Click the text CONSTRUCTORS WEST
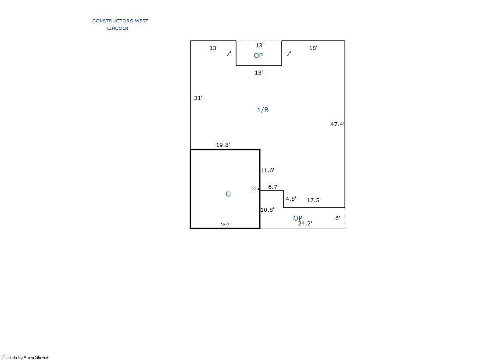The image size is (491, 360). pyautogui.click(x=120, y=21)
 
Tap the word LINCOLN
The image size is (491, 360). pyautogui.click(x=118, y=29)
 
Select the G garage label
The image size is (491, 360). pyautogui.click(x=228, y=194)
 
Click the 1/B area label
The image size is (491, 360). pyautogui.click(x=263, y=110)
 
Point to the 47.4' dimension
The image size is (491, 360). pyautogui.click(x=337, y=125)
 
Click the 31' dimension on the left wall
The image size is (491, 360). pyautogui.click(x=198, y=98)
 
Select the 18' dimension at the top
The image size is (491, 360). pyautogui.click(x=313, y=48)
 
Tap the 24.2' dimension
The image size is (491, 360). pyautogui.click(x=305, y=223)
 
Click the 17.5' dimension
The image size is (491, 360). pyautogui.click(x=314, y=200)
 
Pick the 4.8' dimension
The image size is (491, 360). pyautogui.click(x=291, y=199)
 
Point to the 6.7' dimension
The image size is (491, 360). pyautogui.click(x=273, y=187)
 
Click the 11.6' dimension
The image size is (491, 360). pyautogui.click(x=267, y=170)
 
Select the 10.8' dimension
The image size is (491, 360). pyautogui.click(x=267, y=210)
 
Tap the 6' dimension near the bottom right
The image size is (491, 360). pyautogui.click(x=337, y=218)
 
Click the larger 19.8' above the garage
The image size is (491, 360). pyautogui.click(x=223, y=145)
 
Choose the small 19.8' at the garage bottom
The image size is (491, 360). pyautogui.click(x=225, y=224)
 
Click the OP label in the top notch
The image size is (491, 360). pyautogui.click(x=258, y=56)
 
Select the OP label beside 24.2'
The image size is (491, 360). pyautogui.click(x=297, y=218)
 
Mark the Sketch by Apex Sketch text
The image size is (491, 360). pyautogui.click(x=26, y=357)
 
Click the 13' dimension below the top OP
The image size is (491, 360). pyautogui.click(x=259, y=73)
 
